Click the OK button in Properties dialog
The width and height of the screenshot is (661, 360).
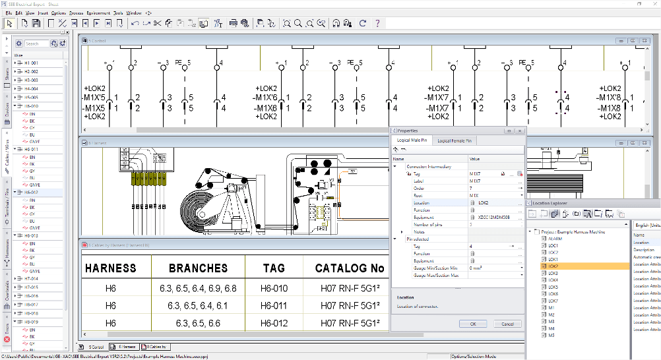click(473, 324)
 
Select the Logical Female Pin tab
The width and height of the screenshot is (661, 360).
click(453, 140)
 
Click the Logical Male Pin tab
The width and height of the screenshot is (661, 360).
click(412, 140)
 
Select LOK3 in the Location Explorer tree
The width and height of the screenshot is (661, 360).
click(553, 273)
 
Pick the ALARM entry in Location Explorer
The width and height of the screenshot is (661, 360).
click(554, 239)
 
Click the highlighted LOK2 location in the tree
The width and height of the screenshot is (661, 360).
click(553, 266)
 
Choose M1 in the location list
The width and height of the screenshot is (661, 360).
click(551, 308)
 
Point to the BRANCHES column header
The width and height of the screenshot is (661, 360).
click(198, 268)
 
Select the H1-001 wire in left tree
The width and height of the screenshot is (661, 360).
click(32, 63)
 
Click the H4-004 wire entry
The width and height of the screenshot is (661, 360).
click(32, 88)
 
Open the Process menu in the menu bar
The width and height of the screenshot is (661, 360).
click(76, 13)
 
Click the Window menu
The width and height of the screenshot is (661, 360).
click(134, 13)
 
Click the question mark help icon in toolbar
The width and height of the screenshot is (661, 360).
click(377, 24)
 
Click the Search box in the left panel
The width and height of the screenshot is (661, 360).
click(36, 44)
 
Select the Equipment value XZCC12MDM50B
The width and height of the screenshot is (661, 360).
click(493, 217)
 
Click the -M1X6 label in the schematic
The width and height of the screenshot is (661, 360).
click(267, 108)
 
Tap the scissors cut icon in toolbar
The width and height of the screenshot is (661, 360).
click(157, 24)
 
